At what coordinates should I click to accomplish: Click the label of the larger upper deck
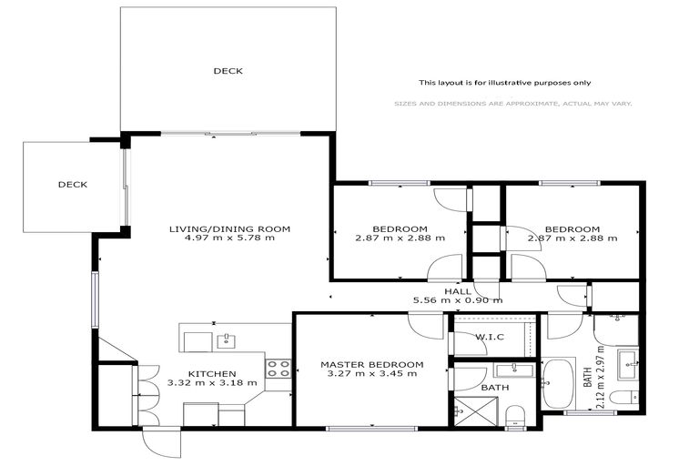tap(228, 70)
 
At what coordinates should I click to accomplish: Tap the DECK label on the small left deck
tap(72, 185)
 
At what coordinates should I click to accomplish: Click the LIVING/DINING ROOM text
tap(229, 228)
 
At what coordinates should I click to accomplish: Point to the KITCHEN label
tap(212, 373)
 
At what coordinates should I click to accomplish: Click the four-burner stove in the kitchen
tap(278, 369)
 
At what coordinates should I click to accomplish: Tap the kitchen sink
tap(224, 341)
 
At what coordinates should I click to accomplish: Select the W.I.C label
tap(490, 339)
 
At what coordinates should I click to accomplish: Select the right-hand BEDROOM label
tap(572, 228)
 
